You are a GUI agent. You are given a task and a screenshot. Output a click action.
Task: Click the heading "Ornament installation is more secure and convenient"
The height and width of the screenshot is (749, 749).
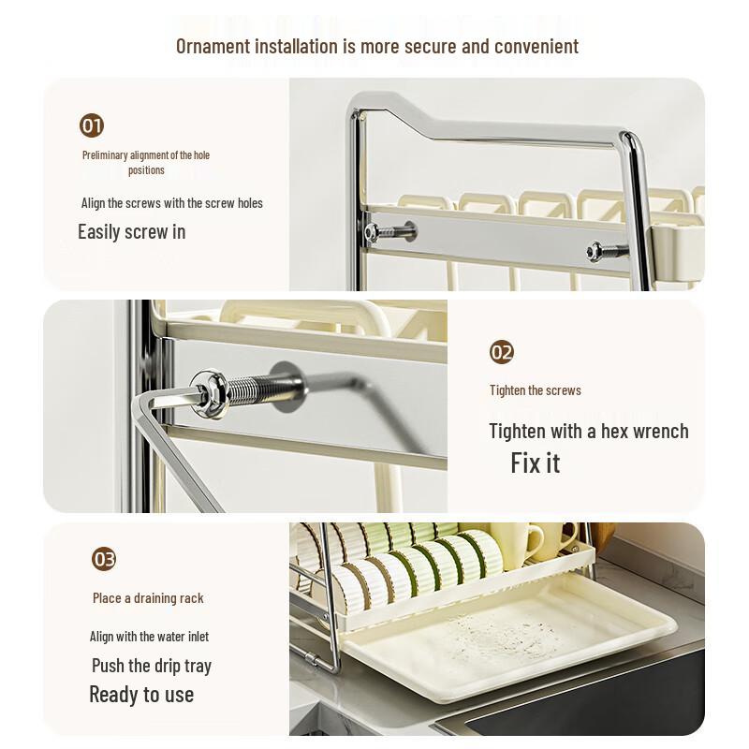click(376, 46)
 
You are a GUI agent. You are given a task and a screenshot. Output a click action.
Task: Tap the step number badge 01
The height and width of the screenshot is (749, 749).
click(92, 125)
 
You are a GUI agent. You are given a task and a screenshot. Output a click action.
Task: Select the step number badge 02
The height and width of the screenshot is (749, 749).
click(502, 352)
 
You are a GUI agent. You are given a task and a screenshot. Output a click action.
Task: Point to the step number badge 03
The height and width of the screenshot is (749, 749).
click(104, 560)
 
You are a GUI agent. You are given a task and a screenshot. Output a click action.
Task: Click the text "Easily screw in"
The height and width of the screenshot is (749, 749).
click(131, 232)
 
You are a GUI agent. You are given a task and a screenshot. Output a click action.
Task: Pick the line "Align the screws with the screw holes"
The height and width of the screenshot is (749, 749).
click(171, 203)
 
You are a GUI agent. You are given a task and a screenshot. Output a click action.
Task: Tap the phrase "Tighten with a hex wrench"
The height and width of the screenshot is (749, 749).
click(588, 432)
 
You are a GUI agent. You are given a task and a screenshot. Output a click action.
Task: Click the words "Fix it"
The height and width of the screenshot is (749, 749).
click(535, 463)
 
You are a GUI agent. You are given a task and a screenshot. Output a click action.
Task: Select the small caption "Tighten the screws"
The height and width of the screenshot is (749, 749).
click(535, 390)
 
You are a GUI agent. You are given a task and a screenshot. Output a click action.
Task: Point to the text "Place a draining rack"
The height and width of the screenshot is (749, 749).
click(148, 598)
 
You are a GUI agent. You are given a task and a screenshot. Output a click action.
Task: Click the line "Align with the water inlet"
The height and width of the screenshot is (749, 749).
click(149, 637)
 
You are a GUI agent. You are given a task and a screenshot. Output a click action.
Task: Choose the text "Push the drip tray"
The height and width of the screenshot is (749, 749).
click(151, 666)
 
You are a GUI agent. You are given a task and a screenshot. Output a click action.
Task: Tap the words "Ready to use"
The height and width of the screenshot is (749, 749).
click(141, 695)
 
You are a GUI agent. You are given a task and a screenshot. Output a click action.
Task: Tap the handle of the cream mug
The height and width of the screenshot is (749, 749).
click(536, 542)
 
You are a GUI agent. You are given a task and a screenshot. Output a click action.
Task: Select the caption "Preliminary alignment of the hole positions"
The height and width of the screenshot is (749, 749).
click(145, 163)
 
